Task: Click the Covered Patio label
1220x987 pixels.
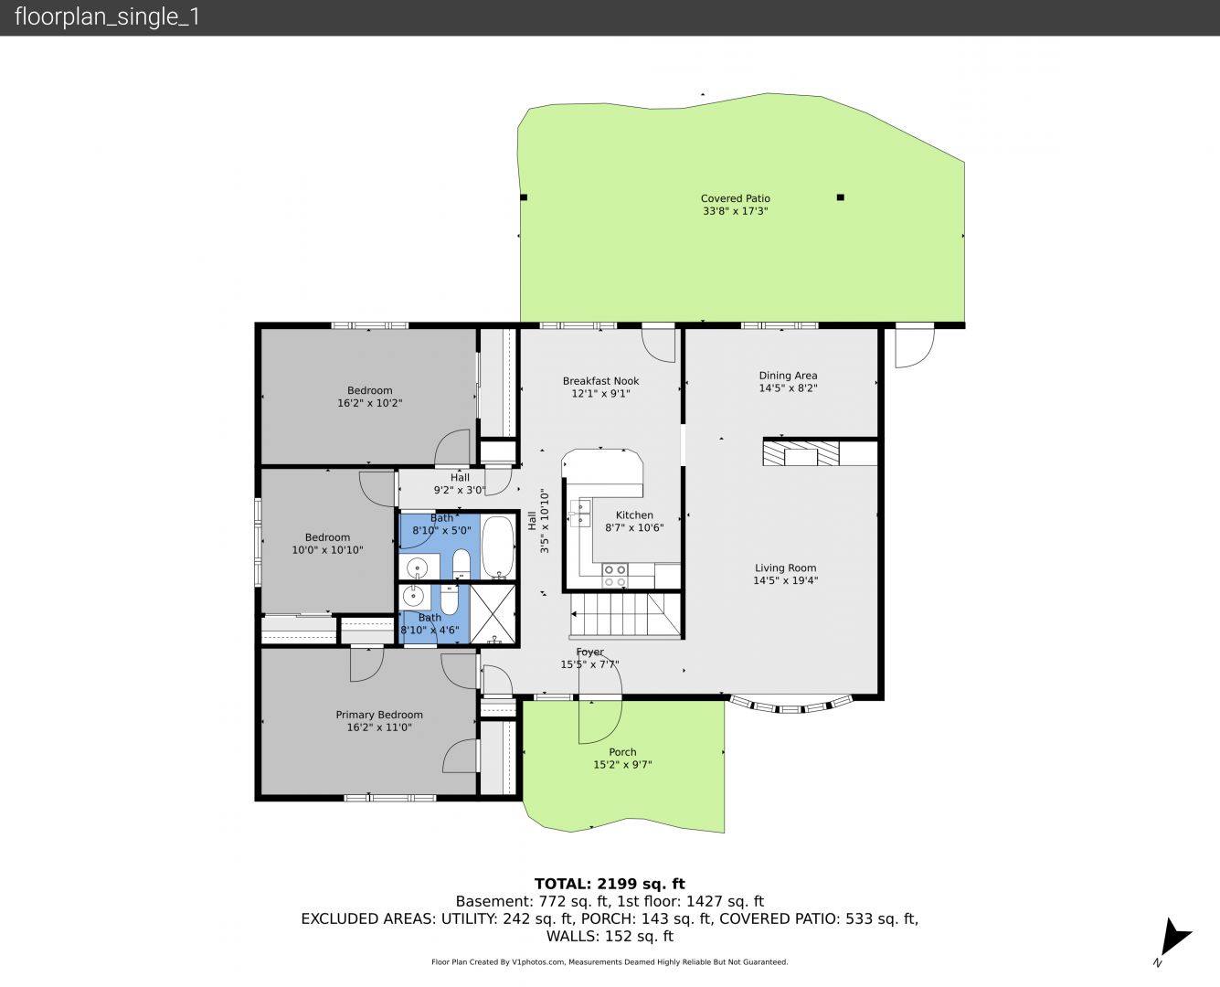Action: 736,198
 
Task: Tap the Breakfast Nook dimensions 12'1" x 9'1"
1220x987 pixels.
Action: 600,394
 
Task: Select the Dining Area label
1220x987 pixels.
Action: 788,376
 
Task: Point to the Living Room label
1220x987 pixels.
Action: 785,568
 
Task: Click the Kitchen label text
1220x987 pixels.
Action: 634,515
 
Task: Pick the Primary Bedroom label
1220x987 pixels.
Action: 379,715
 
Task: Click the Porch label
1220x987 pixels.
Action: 622,752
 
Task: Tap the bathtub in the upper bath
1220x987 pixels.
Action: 498,547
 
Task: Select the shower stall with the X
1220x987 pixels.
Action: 493,613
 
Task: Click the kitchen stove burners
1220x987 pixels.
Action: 615,576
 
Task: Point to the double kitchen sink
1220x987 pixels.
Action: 580,513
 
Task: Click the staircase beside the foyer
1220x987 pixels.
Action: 625,615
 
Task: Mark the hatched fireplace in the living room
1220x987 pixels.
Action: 801,452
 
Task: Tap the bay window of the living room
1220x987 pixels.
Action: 790,705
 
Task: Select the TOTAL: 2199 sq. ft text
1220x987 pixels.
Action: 610,884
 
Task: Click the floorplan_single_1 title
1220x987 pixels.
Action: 107,17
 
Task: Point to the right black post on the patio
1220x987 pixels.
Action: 840,197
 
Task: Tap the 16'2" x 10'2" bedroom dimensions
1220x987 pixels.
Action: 369,403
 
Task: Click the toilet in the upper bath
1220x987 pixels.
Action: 461,565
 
